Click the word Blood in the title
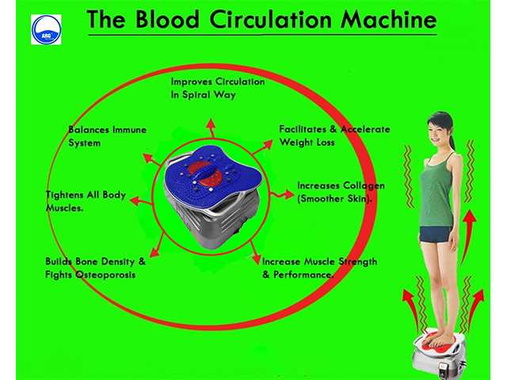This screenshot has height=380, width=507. pyautogui.click(x=167, y=19)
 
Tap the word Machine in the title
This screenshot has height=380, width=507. pyautogui.click(x=389, y=19)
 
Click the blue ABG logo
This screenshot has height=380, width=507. pyautogui.click(x=46, y=29)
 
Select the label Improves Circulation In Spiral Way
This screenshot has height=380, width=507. pyautogui.click(x=218, y=88)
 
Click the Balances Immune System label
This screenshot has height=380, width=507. pyautogui.click(x=107, y=136)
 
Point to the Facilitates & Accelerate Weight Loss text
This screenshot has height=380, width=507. pyautogui.click(x=334, y=135)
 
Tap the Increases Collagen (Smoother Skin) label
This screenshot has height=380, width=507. pyautogui.click(x=341, y=192)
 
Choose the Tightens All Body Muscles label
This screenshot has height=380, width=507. pyautogui.click(x=86, y=201)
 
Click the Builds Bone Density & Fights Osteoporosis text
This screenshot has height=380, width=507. pyautogui.click(x=95, y=268)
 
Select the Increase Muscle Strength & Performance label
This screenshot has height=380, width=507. pyautogui.click(x=319, y=268)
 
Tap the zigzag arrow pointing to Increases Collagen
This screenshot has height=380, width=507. pyautogui.click(x=282, y=195)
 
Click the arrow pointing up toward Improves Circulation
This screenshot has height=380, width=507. pyautogui.click(x=212, y=128)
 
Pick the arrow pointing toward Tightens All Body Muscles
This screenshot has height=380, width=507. pyautogui.click(x=141, y=201)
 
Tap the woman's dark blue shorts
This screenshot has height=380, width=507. pyautogui.click(x=435, y=234)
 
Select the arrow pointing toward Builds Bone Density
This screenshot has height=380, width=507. pyautogui.click(x=157, y=246)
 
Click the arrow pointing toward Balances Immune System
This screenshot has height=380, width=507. pyautogui.click(x=151, y=159)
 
